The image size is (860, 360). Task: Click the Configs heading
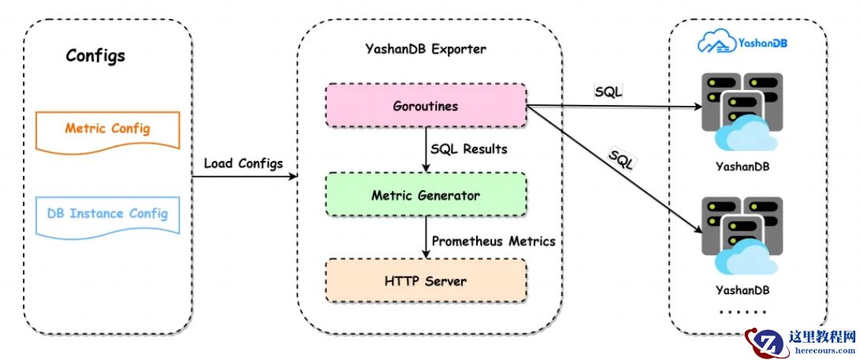(x=95, y=56)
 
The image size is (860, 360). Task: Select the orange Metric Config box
(x=107, y=129)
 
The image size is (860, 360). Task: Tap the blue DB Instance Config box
(x=107, y=213)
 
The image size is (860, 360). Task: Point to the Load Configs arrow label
(x=242, y=163)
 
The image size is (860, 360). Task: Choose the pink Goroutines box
(x=426, y=105)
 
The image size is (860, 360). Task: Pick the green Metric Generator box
(x=426, y=194)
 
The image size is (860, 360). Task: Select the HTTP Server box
(x=426, y=281)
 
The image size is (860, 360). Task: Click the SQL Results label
(x=468, y=149)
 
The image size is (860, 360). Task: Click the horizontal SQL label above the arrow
(x=608, y=92)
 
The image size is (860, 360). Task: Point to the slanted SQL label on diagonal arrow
(x=623, y=161)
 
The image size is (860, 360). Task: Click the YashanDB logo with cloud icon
(x=744, y=43)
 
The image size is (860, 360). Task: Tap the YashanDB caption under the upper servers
(x=742, y=167)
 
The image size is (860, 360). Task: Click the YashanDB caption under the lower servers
(x=742, y=291)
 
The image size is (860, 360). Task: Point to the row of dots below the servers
(x=742, y=312)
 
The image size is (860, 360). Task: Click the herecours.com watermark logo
(x=799, y=342)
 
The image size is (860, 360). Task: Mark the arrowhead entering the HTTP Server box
(x=427, y=254)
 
